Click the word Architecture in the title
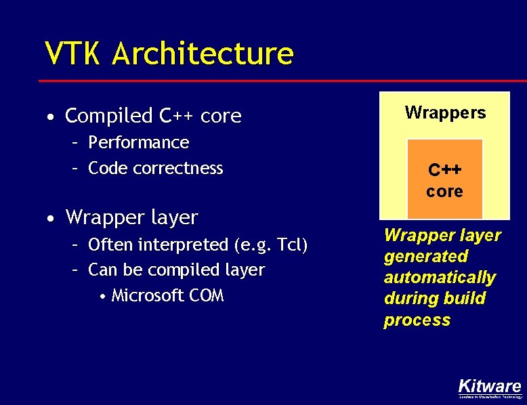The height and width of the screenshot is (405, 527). [x=203, y=54]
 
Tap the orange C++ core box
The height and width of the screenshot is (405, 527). [x=444, y=179]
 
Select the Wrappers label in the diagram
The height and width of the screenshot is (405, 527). [x=445, y=112]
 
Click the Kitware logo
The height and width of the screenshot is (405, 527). [x=490, y=388]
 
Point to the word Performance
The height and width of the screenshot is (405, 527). [x=139, y=142]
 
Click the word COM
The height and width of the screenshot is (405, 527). [x=207, y=295]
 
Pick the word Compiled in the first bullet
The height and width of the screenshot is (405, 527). [x=108, y=116]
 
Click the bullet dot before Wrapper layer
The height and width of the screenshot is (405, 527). [x=51, y=219]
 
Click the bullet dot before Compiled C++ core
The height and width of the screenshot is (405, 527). [x=51, y=117]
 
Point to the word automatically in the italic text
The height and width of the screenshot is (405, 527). [x=440, y=278]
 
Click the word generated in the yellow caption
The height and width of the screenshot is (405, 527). [x=426, y=256]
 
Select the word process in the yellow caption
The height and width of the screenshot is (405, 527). [x=417, y=320]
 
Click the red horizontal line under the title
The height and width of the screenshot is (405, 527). [x=271, y=81]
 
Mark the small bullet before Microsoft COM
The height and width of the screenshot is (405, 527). [x=101, y=297]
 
